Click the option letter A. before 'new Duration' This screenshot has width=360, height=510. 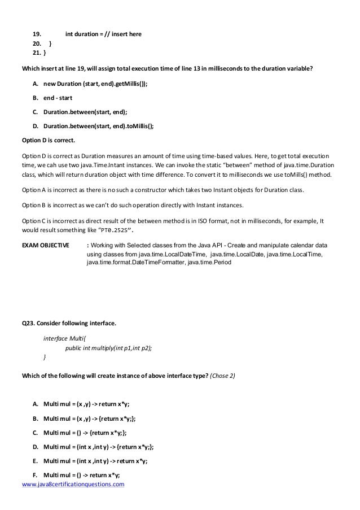36,83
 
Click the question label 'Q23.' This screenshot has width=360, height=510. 28,324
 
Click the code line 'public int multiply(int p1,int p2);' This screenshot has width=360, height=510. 109,348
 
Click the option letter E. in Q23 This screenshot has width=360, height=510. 36,460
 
